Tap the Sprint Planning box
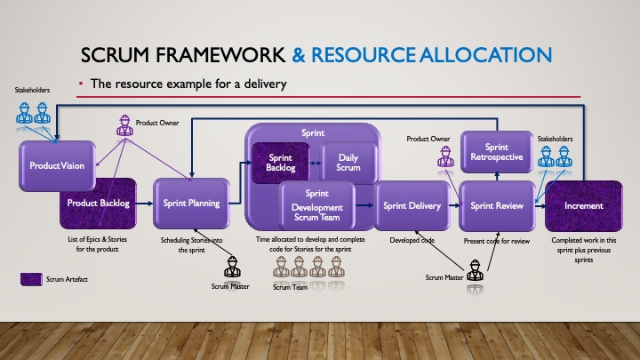click(x=188, y=204)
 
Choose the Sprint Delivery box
click(x=412, y=205)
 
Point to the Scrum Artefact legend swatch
click(x=33, y=278)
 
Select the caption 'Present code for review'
click(x=497, y=241)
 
